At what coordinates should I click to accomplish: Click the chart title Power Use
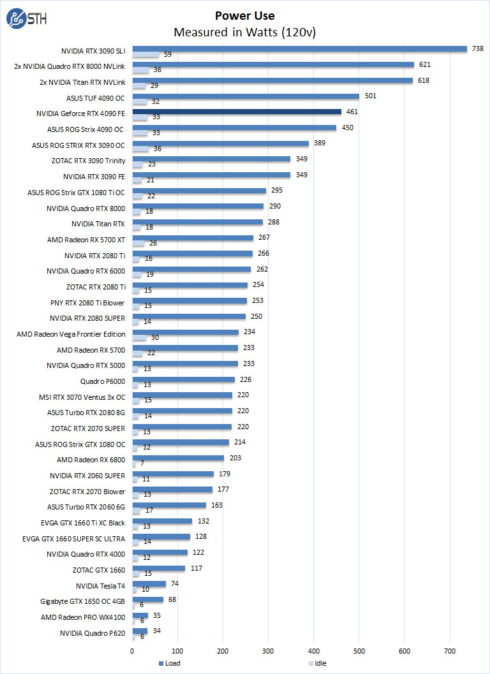[245, 16]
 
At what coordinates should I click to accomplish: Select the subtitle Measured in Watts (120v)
[245, 32]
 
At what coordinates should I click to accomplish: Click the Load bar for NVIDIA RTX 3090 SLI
[300, 48]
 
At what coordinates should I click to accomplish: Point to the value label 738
[477, 48]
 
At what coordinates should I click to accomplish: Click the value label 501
[371, 96]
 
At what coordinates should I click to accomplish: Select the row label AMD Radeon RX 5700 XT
[86, 240]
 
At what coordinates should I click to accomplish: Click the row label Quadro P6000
[103, 381]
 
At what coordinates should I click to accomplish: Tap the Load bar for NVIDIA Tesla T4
[149, 583]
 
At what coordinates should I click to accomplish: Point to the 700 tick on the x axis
[450, 651]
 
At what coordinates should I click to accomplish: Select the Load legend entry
[170, 663]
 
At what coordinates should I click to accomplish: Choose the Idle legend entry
[316, 663]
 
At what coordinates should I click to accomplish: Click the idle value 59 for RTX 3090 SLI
[167, 55]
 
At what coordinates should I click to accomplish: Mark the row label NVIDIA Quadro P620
[93, 633]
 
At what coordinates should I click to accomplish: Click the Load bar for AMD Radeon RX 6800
[178, 458]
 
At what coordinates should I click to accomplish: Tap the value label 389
[319, 143]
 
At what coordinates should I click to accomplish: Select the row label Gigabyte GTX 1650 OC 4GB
[84, 601]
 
